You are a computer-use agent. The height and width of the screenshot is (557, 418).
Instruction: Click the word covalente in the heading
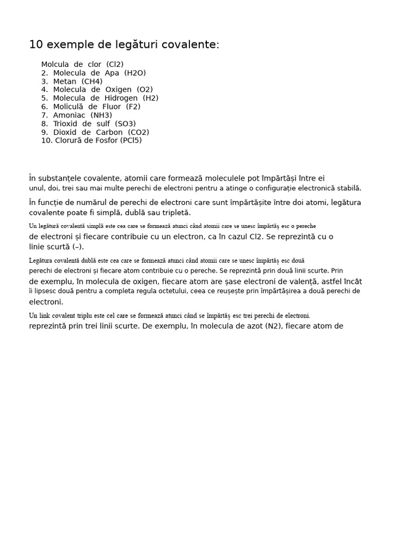point(192,45)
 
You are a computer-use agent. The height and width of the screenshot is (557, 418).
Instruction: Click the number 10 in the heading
point(35,45)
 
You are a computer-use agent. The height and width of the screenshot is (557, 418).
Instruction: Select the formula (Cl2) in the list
point(115,65)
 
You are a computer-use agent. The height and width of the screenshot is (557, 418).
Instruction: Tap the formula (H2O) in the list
point(135,73)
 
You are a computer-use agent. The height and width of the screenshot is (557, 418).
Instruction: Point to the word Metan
point(65,82)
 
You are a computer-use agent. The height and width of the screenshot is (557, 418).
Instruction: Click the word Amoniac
point(68,115)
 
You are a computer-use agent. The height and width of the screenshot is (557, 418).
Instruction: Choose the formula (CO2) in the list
point(138,132)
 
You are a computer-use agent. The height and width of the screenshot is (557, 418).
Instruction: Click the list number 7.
point(44,115)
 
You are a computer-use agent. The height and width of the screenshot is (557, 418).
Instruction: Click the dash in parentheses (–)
point(78,247)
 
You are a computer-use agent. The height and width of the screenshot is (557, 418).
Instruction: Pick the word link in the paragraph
point(45,315)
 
